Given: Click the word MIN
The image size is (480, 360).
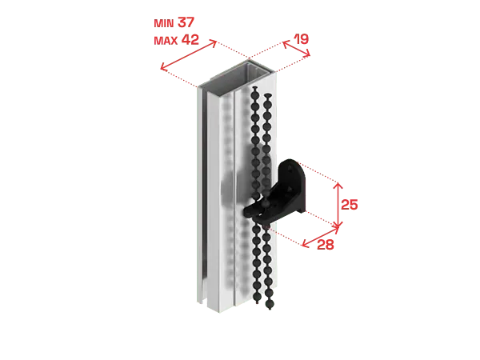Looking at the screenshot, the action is [164, 23].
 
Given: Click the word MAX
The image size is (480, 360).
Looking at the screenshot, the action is [166, 41].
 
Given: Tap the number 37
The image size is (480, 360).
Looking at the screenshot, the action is [186, 22].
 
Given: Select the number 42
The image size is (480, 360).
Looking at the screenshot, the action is [190, 39].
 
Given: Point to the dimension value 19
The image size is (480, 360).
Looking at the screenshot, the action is [302, 39].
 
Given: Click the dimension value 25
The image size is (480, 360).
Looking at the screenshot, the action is [350, 205].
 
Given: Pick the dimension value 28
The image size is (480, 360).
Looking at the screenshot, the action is [326, 245].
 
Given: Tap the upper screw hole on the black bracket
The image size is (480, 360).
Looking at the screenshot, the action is [290, 167].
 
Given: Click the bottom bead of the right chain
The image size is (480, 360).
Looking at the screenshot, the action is [270, 304].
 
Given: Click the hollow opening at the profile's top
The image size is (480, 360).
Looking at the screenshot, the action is [236, 79].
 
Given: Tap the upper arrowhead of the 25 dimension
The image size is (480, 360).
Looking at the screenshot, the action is [338, 185].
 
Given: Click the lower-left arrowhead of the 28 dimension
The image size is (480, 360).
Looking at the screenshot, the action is [304, 244].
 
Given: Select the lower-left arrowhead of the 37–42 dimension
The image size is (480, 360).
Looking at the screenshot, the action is [163, 67].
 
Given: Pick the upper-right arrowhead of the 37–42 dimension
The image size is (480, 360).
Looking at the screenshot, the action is [214, 42].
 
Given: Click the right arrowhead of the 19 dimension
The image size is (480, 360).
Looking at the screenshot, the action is [308, 54].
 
